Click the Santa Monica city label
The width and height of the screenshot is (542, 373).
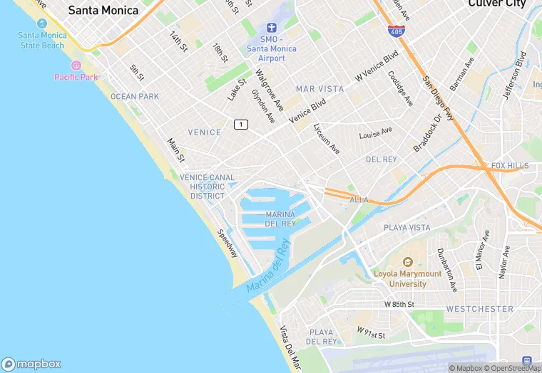point(103,10)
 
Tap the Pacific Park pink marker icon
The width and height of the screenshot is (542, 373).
point(76,65)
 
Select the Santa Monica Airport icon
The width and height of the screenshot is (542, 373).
point(272,28)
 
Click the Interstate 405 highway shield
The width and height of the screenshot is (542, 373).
point(395,31)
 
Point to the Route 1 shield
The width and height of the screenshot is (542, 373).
point(241,125)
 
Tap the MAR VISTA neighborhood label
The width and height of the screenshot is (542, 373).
point(319,89)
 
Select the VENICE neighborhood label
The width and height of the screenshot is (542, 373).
point(205,132)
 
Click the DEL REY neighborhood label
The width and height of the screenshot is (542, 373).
point(381,159)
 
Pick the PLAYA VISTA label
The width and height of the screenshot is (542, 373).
point(407,228)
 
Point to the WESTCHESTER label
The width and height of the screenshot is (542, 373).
point(479,309)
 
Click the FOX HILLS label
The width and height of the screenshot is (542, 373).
point(510,166)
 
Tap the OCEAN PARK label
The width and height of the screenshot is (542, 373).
point(135,96)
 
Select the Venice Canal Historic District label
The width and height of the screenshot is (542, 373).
point(208,186)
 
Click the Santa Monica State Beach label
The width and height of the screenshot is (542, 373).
point(41,40)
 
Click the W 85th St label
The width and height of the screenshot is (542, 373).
point(399,304)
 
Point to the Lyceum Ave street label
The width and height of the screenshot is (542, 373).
point(327,138)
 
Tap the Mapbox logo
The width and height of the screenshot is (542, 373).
point(31,364)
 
